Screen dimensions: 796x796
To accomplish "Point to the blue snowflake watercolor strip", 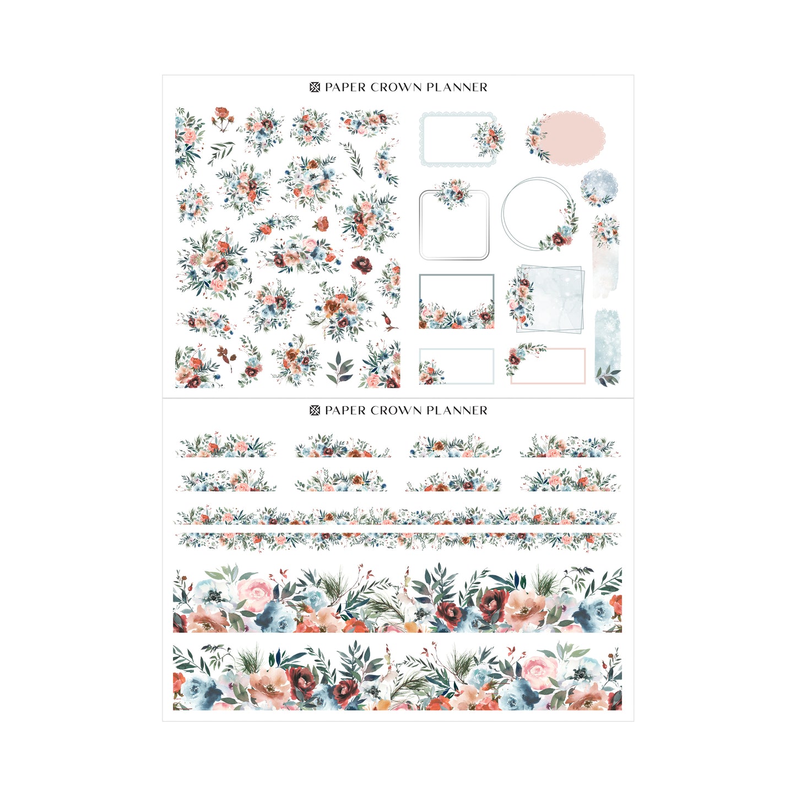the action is pyautogui.click(x=607, y=347).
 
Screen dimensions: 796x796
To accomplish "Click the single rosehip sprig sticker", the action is pyautogui.click(x=388, y=322).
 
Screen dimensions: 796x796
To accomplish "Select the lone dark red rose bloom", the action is pyautogui.click(x=362, y=264).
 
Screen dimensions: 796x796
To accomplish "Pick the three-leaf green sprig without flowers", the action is pyautogui.click(x=339, y=369).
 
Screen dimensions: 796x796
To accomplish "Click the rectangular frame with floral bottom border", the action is pyautogui.click(x=457, y=301).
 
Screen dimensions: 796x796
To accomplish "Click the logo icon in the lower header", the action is pyautogui.click(x=315, y=410).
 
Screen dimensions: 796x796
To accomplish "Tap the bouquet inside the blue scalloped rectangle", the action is pyautogui.click(x=488, y=139).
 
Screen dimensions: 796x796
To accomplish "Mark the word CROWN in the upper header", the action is pyautogui.click(x=396, y=88).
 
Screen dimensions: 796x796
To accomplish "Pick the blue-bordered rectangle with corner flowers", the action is pyautogui.click(x=457, y=366).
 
